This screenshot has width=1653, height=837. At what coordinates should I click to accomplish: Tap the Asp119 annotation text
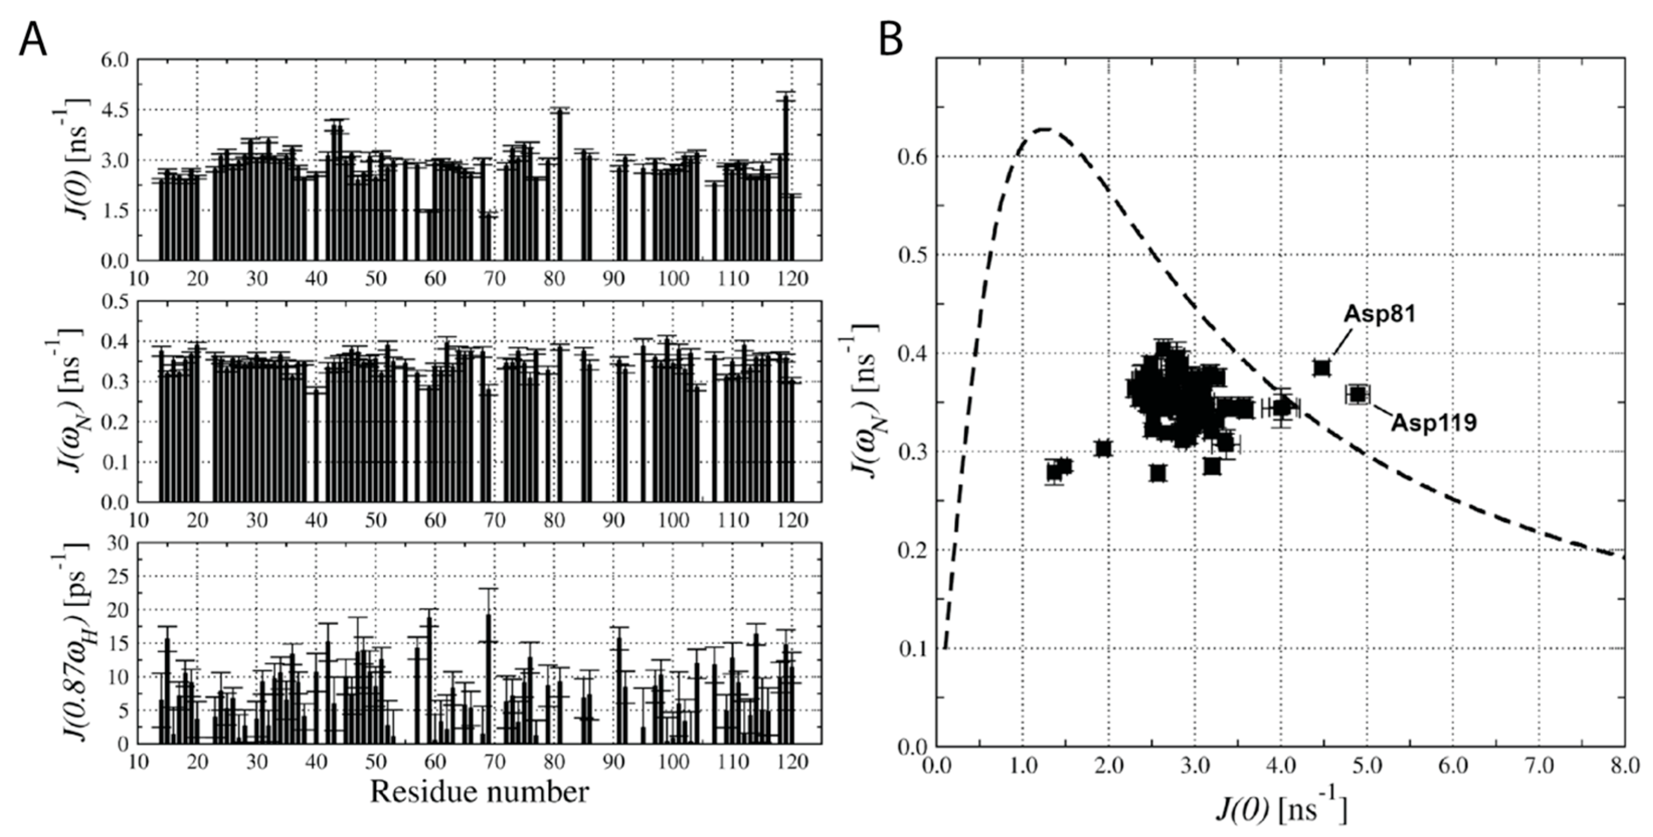(1433, 423)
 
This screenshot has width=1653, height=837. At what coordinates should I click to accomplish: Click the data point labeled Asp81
(1321, 368)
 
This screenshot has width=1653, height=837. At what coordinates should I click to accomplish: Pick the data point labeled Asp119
(1357, 394)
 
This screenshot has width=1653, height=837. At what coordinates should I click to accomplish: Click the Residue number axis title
(479, 793)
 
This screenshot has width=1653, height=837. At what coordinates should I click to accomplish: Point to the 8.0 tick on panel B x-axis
(1623, 766)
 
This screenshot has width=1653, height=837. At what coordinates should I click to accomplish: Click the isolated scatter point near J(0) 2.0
(1103, 448)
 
